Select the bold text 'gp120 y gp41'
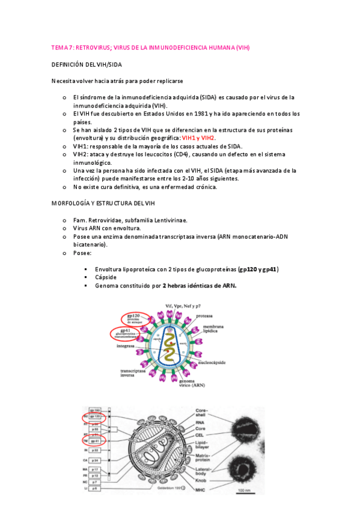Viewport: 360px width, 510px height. [x=258, y=269]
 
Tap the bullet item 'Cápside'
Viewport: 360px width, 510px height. [x=105, y=277]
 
